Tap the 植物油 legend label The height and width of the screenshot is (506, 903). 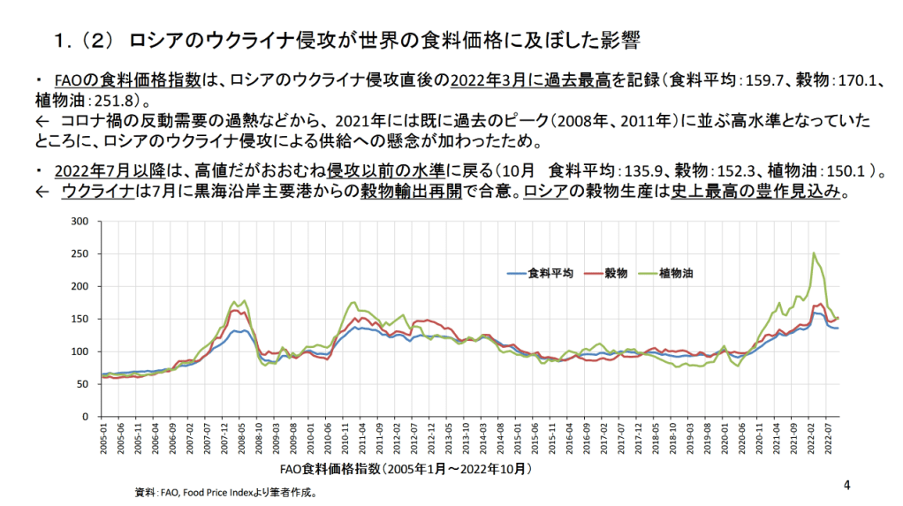tap(676, 274)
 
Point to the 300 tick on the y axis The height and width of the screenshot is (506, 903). tap(80, 222)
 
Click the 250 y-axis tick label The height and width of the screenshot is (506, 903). tap(80, 254)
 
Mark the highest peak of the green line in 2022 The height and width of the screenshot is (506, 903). tap(814, 253)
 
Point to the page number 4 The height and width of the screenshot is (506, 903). tap(846, 485)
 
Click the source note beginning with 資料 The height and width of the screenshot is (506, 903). tap(225, 493)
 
